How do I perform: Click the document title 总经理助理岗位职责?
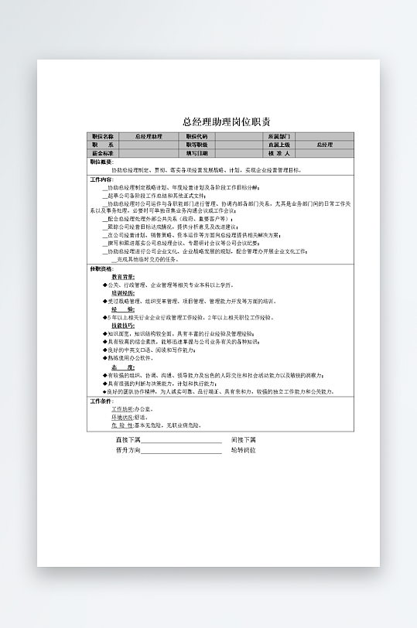pyautogui.click(x=226, y=121)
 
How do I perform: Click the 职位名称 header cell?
pyautogui.click(x=102, y=136)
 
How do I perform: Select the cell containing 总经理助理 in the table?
pyautogui.click(x=149, y=136)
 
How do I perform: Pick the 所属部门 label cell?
pyautogui.click(x=279, y=136)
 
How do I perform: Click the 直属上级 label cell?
pyautogui.click(x=279, y=145)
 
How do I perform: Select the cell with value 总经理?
pyautogui.click(x=325, y=145)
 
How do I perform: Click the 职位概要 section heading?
pyautogui.click(x=101, y=162)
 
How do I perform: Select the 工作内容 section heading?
pyautogui.click(x=101, y=179)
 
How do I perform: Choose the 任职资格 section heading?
pyautogui.click(x=101, y=268)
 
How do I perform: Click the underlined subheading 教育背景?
pyautogui.click(x=123, y=276)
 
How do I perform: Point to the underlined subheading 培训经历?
pyautogui.click(x=123, y=294)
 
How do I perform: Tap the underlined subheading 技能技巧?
pyautogui.click(x=123, y=326)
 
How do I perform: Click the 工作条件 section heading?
pyautogui.click(x=101, y=401)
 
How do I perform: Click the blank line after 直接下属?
pyautogui.click(x=182, y=440)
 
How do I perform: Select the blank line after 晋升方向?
pyautogui.click(x=182, y=450)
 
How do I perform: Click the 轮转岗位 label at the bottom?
pyautogui.click(x=243, y=450)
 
